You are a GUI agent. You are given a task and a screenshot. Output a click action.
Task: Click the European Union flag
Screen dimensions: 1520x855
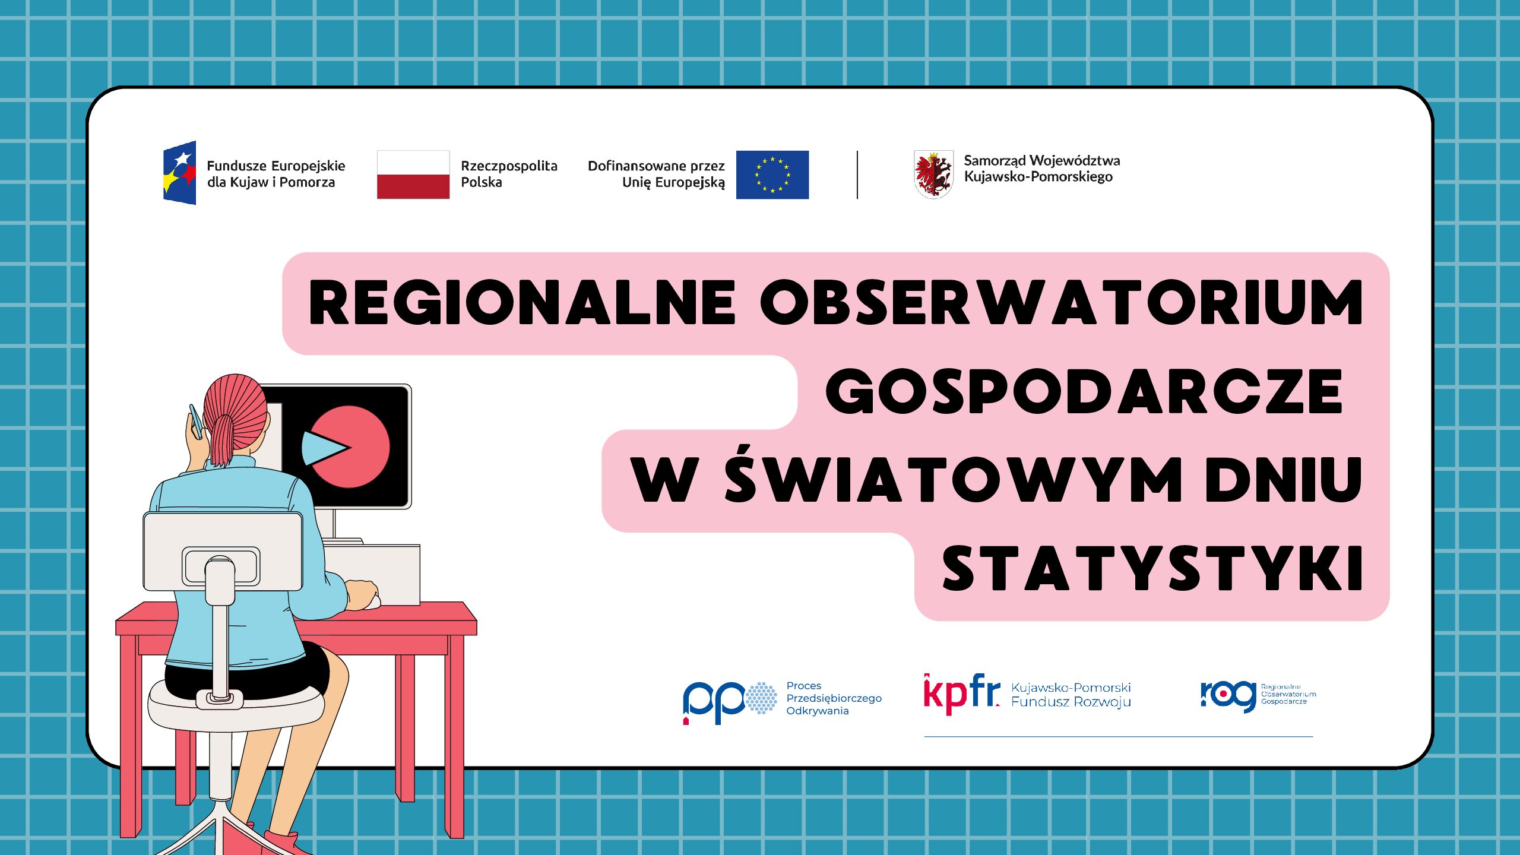(x=772, y=175)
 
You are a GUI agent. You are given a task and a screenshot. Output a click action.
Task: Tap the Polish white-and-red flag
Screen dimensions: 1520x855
(x=413, y=175)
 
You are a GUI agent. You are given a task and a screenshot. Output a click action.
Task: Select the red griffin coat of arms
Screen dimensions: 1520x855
(x=933, y=175)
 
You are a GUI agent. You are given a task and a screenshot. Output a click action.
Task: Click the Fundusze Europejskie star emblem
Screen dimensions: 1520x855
(x=179, y=173)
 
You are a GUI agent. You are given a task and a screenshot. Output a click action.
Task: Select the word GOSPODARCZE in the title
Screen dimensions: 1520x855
(x=1084, y=392)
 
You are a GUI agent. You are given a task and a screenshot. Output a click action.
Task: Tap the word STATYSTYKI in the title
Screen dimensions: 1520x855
(x=1152, y=569)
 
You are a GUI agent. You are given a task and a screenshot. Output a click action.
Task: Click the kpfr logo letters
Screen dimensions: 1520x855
(x=962, y=693)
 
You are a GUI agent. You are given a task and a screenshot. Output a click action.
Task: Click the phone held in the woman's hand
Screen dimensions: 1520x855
(x=195, y=421)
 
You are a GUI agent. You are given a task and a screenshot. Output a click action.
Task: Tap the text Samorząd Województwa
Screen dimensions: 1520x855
(x=1042, y=160)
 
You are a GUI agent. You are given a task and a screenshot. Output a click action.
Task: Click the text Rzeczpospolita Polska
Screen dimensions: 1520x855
(x=509, y=174)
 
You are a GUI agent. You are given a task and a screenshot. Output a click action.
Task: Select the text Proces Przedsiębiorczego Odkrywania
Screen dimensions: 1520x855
(x=834, y=698)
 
